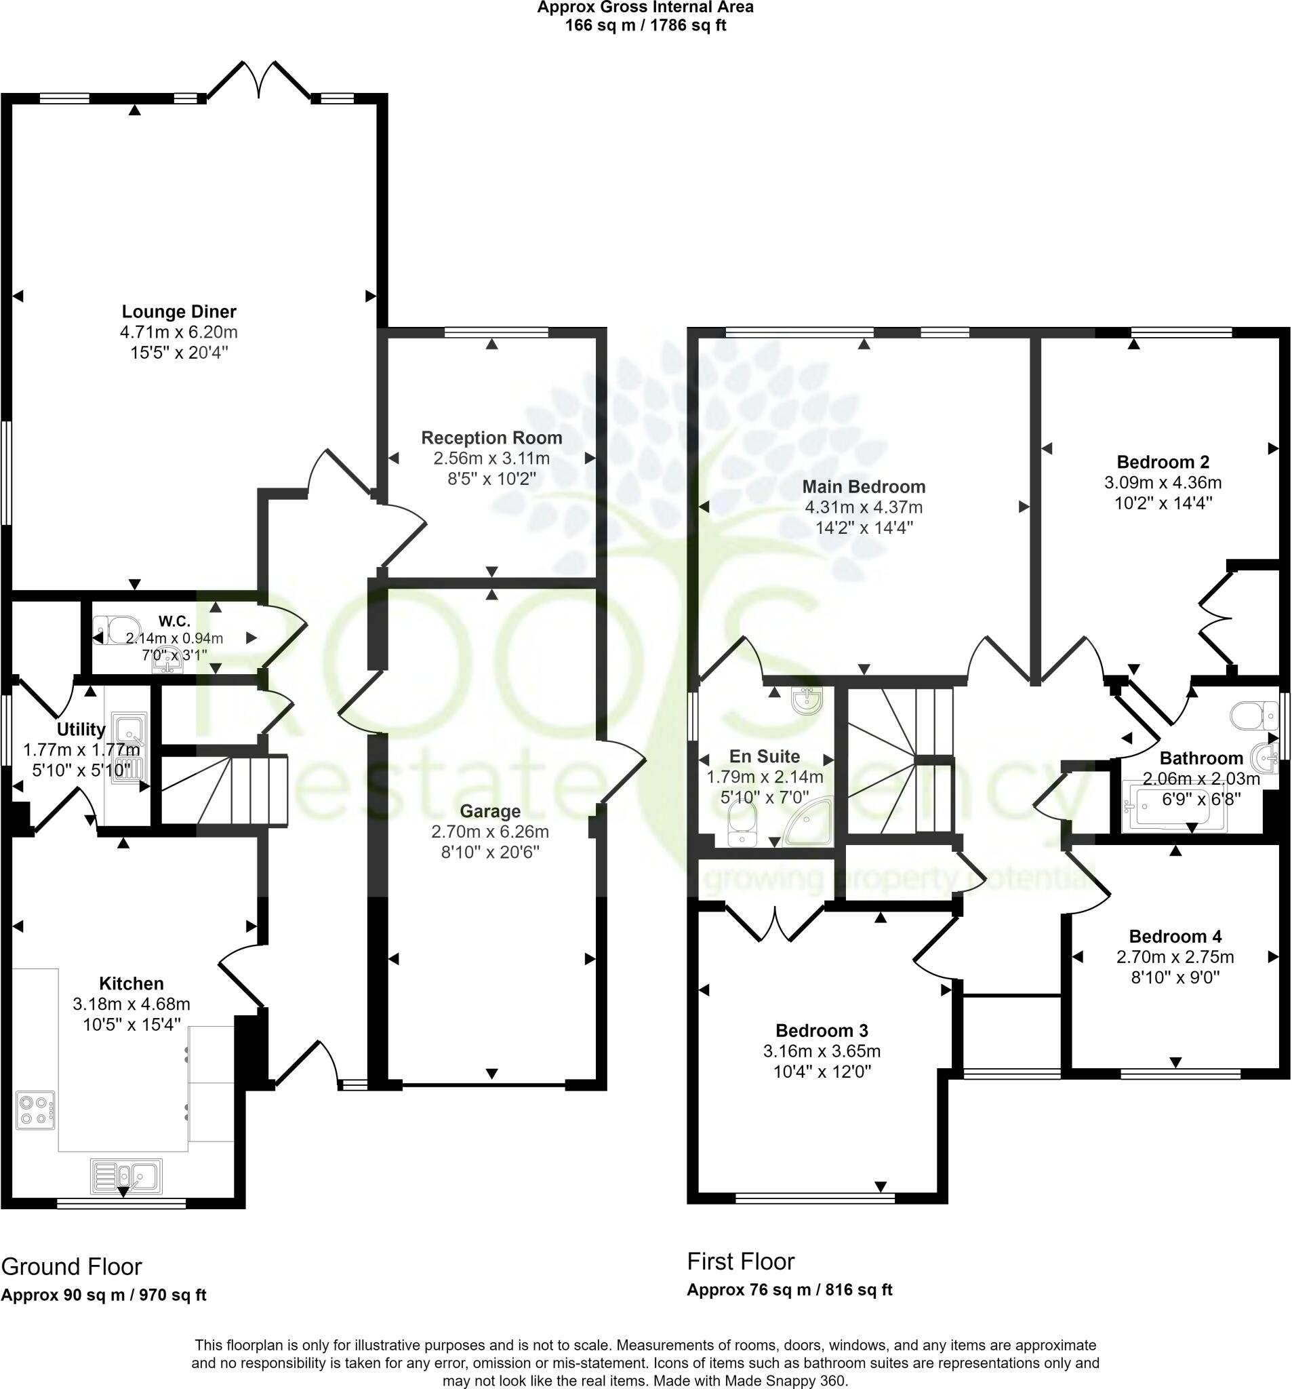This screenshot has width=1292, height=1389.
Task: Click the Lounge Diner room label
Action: [x=179, y=311]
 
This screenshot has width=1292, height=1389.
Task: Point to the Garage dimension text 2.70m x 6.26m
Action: [x=489, y=832]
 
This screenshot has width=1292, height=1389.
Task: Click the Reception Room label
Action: [x=491, y=438]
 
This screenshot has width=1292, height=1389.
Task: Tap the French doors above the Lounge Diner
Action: [x=259, y=79]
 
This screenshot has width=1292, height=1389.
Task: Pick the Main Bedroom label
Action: [x=863, y=487]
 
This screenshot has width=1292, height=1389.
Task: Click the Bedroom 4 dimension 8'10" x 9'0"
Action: [x=1175, y=977]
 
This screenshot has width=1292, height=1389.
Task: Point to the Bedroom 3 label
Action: [x=822, y=1031]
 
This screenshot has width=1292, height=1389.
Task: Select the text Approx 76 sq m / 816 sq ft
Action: [x=789, y=1290]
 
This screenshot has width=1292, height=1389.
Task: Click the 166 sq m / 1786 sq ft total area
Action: [x=645, y=26]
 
